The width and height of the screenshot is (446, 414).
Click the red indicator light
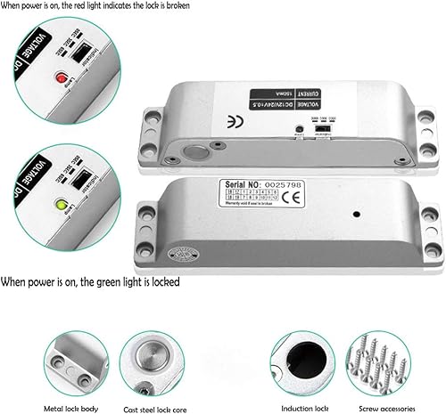pos(61,77)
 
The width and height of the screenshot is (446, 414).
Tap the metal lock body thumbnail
pos(78,361)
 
